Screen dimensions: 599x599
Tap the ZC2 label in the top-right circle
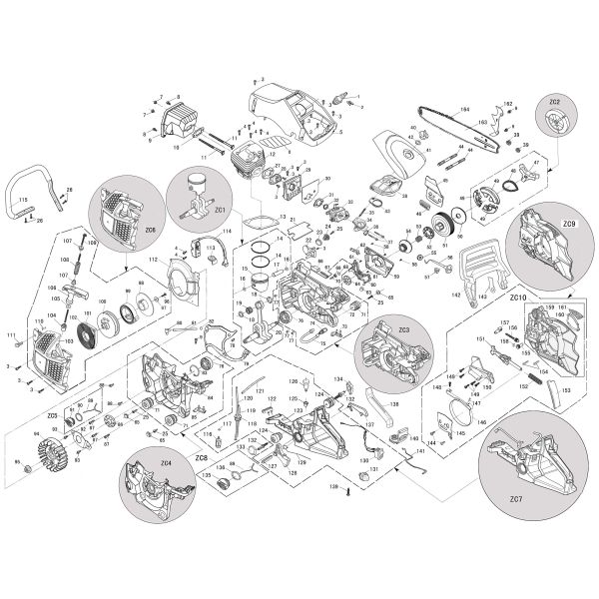[555, 103]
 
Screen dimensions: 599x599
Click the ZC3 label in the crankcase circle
[403, 328]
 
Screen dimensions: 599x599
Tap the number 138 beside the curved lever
[393, 405]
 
